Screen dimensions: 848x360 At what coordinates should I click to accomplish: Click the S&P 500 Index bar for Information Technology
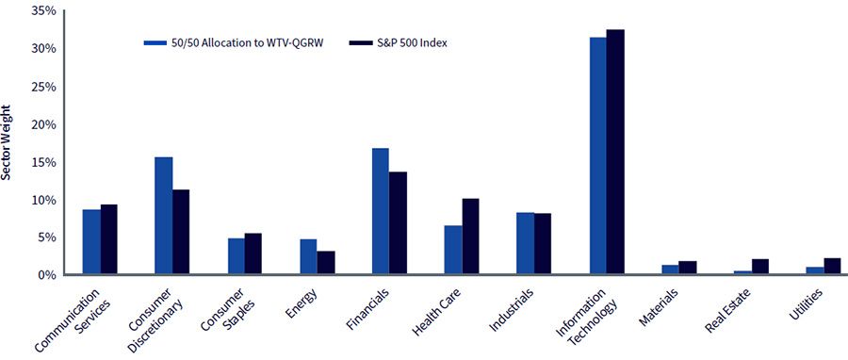(615, 152)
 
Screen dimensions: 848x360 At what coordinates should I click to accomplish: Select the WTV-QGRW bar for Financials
(381, 211)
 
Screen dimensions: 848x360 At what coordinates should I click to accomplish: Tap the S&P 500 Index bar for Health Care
(470, 237)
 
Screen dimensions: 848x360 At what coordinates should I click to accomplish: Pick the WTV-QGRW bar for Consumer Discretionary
(163, 216)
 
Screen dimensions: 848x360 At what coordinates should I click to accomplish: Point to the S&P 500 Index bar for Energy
(326, 263)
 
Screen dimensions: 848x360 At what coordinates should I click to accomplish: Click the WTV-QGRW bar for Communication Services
(91, 241)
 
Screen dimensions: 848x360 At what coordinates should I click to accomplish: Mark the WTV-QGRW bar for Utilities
(815, 270)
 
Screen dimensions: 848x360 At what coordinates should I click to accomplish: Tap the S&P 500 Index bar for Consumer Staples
(253, 254)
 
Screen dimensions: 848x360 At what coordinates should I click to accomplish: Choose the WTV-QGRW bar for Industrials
(525, 243)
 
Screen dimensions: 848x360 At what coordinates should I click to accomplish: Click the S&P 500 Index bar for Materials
(688, 268)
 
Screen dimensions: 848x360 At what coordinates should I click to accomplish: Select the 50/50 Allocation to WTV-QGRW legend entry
(234, 43)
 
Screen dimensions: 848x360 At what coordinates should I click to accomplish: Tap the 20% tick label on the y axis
(44, 124)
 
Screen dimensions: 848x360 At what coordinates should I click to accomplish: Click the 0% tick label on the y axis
(48, 275)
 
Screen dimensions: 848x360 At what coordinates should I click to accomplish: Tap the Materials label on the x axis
(659, 306)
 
